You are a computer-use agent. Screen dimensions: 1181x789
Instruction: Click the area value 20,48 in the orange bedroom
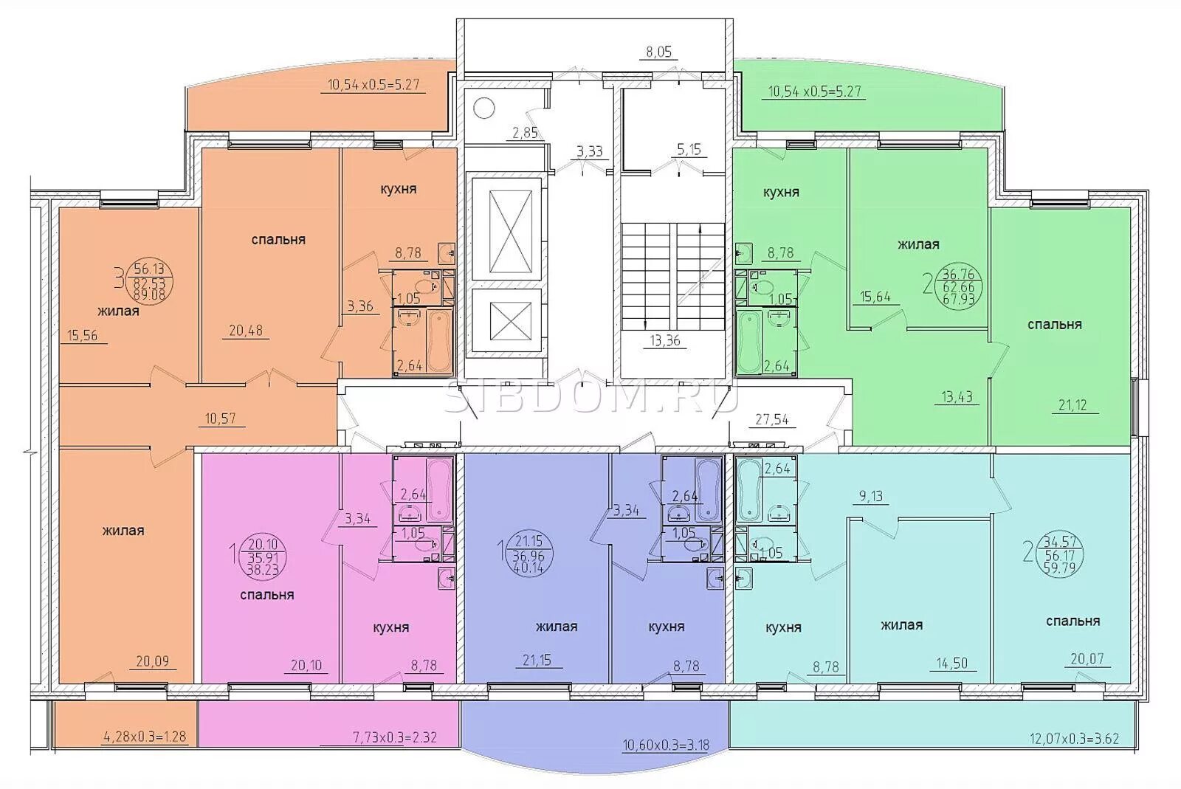click(x=246, y=331)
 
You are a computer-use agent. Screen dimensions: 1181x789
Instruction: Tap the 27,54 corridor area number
click(x=772, y=420)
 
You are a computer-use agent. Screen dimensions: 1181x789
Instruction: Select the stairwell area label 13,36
click(x=665, y=340)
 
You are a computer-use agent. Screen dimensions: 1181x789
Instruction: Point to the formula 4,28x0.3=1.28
click(x=143, y=736)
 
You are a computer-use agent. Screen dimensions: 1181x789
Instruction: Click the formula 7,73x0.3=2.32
click(x=394, y=737)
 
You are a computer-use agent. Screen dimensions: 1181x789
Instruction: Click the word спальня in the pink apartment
click(x=266, y=595)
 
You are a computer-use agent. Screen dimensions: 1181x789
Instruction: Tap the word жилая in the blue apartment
click(x=557, y=627)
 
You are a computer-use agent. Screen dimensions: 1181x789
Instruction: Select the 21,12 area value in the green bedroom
click(x=1072, y=404)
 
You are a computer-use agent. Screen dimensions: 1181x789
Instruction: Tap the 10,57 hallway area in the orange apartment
click(x=220, y=418)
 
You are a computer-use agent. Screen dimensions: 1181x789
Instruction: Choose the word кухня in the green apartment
click(x=781, y=193)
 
